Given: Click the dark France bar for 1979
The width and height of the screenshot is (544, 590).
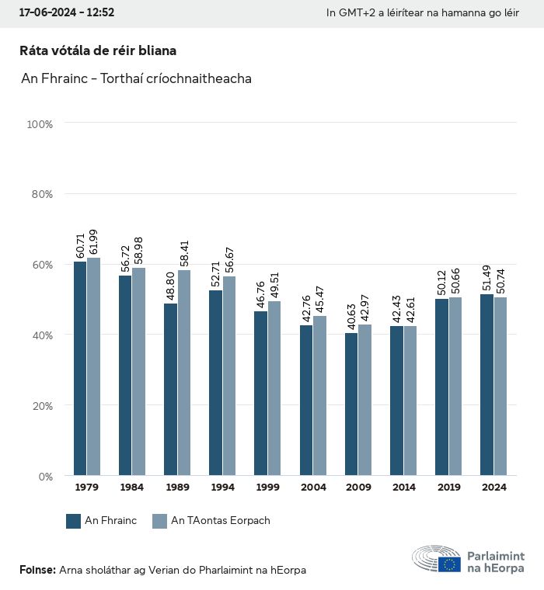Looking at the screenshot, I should coord(80,369).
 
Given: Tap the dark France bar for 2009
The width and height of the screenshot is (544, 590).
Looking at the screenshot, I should coord(351,404).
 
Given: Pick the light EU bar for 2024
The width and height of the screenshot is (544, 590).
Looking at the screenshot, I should coord(500,386).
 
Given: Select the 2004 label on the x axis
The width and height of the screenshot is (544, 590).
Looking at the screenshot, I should coord(313,488).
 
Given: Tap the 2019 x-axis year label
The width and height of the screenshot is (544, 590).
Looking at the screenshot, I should coord(448,488).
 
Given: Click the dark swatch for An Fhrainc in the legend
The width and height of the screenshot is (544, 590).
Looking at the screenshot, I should coord(74,521).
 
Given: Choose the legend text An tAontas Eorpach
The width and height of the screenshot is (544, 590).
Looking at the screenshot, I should coord(221,521).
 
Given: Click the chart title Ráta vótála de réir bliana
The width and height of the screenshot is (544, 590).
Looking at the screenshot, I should coord(98,50).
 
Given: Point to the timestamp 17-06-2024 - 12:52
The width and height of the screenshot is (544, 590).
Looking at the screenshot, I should coord(67,12).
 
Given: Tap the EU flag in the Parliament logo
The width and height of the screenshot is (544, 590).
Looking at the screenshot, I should coord(449,564).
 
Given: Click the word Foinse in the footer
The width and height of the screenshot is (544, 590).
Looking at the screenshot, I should coord(37,570).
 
